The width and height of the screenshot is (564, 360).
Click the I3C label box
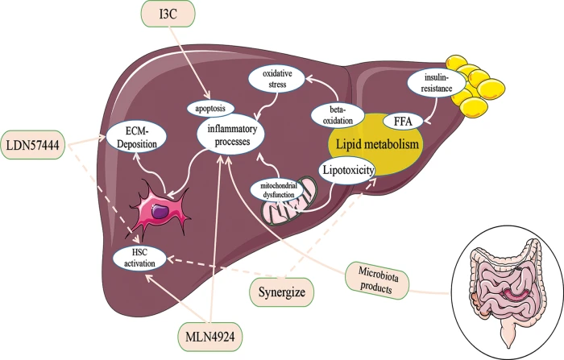[168, 14]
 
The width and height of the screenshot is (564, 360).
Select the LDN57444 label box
[33, 145]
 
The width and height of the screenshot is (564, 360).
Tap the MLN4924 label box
[210, 337]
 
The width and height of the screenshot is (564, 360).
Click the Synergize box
[282, 292]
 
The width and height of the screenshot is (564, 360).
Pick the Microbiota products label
[377, 280]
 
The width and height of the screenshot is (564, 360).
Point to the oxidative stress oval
[277, 79]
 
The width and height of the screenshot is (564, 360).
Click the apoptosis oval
[210, 108]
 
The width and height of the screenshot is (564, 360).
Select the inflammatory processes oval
[231, 134]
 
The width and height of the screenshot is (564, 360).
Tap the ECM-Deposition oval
[137, 137]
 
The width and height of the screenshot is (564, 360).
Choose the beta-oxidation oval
[338, 115]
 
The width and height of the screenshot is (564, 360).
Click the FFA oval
[403, 121]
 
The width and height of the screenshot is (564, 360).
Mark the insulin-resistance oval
[436, 83]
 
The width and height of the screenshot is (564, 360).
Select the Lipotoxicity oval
[346, 170]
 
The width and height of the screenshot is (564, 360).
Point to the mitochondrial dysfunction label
[278, 190]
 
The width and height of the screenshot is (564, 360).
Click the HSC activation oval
[139, 259]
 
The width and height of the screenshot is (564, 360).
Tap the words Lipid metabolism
[377, 144]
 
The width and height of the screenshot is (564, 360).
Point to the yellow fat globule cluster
[472, 84]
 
